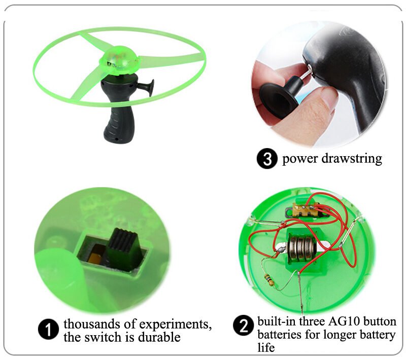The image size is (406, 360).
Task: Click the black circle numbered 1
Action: (x=48, y=329)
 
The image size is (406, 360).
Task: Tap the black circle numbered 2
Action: (x=244, y=325)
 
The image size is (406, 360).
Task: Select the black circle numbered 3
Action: (x=267, y=158)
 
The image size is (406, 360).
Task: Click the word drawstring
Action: (x=352, y=159)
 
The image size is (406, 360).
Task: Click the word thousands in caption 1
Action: (x=91, y=324)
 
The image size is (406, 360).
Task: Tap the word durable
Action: (x=159, y=337)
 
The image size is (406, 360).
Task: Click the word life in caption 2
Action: (x=266, y=347)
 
